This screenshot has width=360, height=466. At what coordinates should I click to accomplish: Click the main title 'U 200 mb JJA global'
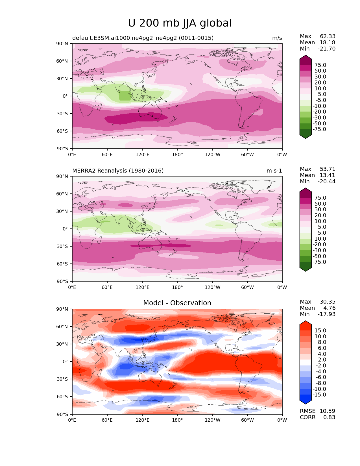pyautogui.click(x=180, y=23)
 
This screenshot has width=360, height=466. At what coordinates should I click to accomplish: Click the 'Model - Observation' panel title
pyautogui.click(x=177, y=303)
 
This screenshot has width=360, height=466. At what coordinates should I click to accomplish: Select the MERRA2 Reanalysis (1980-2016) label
pyautogui.click(x=118, y=171)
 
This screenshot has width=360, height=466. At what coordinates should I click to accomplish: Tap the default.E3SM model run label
pyautogui.click(x=143, y=38)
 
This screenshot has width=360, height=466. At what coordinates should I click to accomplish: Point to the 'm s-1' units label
pyautogui.click(x=274, y=171)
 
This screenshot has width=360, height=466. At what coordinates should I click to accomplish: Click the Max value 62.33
pyautogui.click(x=328, y=36)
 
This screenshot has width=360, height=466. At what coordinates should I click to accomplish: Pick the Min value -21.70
pyautogui.click(x=326, y=49)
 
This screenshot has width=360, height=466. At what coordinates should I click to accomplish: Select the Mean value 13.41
pyautogui.click(x=328, y=175)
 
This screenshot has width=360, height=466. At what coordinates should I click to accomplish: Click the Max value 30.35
pyautogui.click(x=328, y=302)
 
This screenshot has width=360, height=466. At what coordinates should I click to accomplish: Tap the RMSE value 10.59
pyautogui.click(x=328, y=411)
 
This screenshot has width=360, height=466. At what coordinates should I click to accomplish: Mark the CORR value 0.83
pyautogui.click(x=329, y=417)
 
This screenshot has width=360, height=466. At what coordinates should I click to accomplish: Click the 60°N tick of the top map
pyautogui.click(x=62, y=61)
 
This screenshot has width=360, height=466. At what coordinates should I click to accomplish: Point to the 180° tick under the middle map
pyautogui.click(x=177, y=287)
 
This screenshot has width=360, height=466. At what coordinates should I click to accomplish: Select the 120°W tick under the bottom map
pyautogui.click(x=212, y=420)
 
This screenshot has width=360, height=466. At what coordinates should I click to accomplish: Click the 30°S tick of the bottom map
pyautogui.click(x=62, y=379)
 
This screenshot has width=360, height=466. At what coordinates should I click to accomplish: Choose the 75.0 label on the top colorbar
pyautogui.click(x=320, y=65)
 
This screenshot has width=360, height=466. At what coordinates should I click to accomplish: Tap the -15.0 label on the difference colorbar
pyautogui.click(x=319, y=395)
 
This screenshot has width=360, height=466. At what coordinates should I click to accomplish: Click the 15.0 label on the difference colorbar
pyautogui.click(x=320, y=330)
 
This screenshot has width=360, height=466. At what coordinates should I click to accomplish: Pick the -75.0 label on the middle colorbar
pyautogui.click(x=319, y=262)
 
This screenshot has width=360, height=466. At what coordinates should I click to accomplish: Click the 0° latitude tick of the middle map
pyautogui.click(x=65, y=229)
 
